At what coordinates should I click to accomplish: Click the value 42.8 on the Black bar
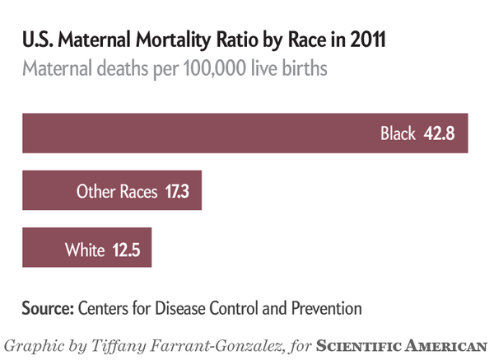coord(440,133)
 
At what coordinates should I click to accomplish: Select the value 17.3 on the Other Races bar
coord(176,192)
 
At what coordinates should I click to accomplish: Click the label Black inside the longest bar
coord(398,133)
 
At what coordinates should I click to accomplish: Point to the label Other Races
coord(116,192)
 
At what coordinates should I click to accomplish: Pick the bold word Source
coord(48,309)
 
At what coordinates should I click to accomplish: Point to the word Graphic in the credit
coord(34,344)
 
